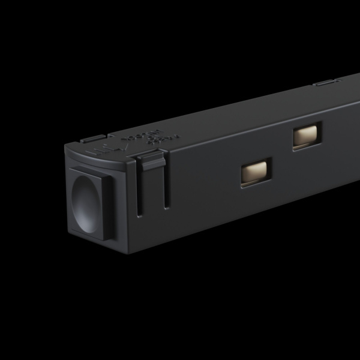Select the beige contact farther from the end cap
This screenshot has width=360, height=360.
306,137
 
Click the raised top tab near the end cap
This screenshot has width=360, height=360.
90,139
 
